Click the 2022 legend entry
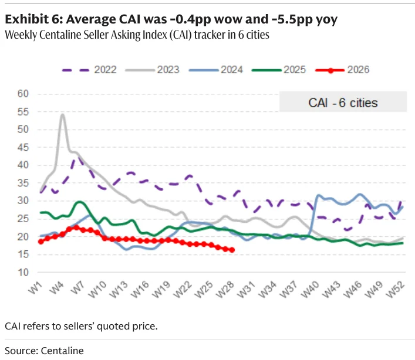[89, 70]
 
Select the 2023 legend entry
[153, 70]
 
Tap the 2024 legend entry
[216, 70]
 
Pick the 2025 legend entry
[279, 70]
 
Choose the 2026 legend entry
[342, 70]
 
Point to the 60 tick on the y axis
[23, 94]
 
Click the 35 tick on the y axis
[23, 183]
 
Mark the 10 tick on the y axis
[23, 272]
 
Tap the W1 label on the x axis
[35, 287]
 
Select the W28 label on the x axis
[225, 289]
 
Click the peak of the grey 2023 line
[62, 114]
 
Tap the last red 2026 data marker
[232, 250]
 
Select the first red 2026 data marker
[41, 242]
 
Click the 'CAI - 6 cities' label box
[343, 102]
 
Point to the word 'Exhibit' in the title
[27, 19]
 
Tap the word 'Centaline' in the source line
[62, 351]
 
